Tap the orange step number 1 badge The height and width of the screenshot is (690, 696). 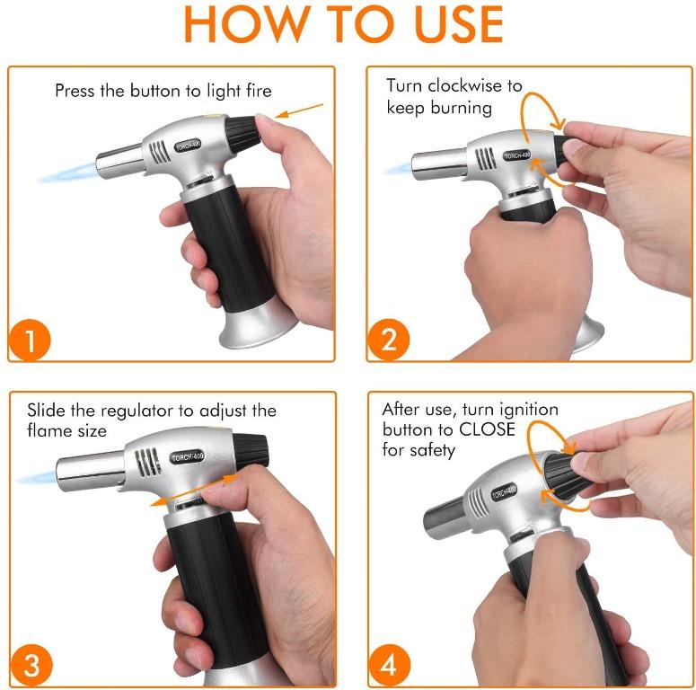tap(32, 342)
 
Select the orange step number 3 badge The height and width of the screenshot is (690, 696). tap(32, 666)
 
